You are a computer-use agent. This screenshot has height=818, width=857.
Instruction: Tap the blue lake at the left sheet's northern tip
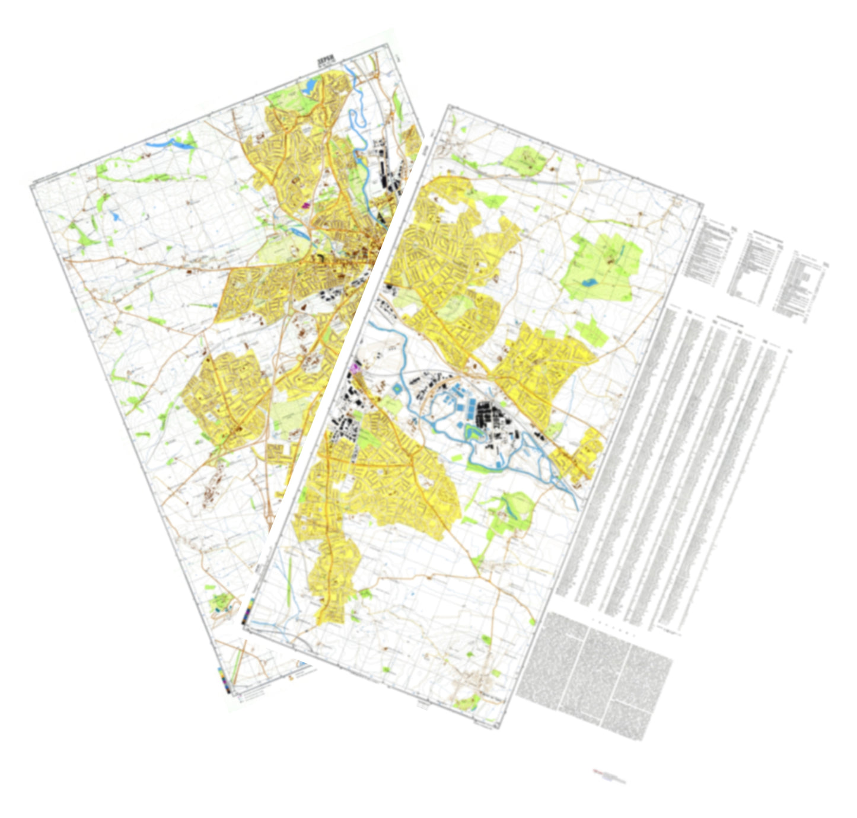coord(310,87)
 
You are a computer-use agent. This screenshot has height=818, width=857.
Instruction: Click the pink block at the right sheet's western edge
coord(356,368)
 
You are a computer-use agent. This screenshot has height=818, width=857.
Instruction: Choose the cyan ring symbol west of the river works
coord(396,389)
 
